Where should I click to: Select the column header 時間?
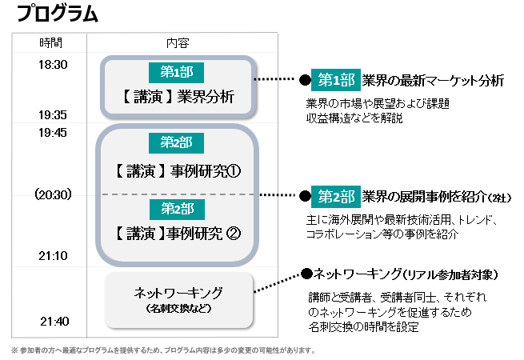[x=50, y=42]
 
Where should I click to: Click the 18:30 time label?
[x=53, y=65]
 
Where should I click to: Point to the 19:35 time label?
[x=53, y=115]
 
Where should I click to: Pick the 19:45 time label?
[x=53, y=133]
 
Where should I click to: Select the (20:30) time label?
[x=53, y=194]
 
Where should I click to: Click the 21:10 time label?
[x=53, y=255]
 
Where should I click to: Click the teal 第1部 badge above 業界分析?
[x=176, y=71]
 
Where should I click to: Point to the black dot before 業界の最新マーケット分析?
[x=304, y=80]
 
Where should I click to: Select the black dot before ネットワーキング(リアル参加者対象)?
[x=305, y=274]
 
